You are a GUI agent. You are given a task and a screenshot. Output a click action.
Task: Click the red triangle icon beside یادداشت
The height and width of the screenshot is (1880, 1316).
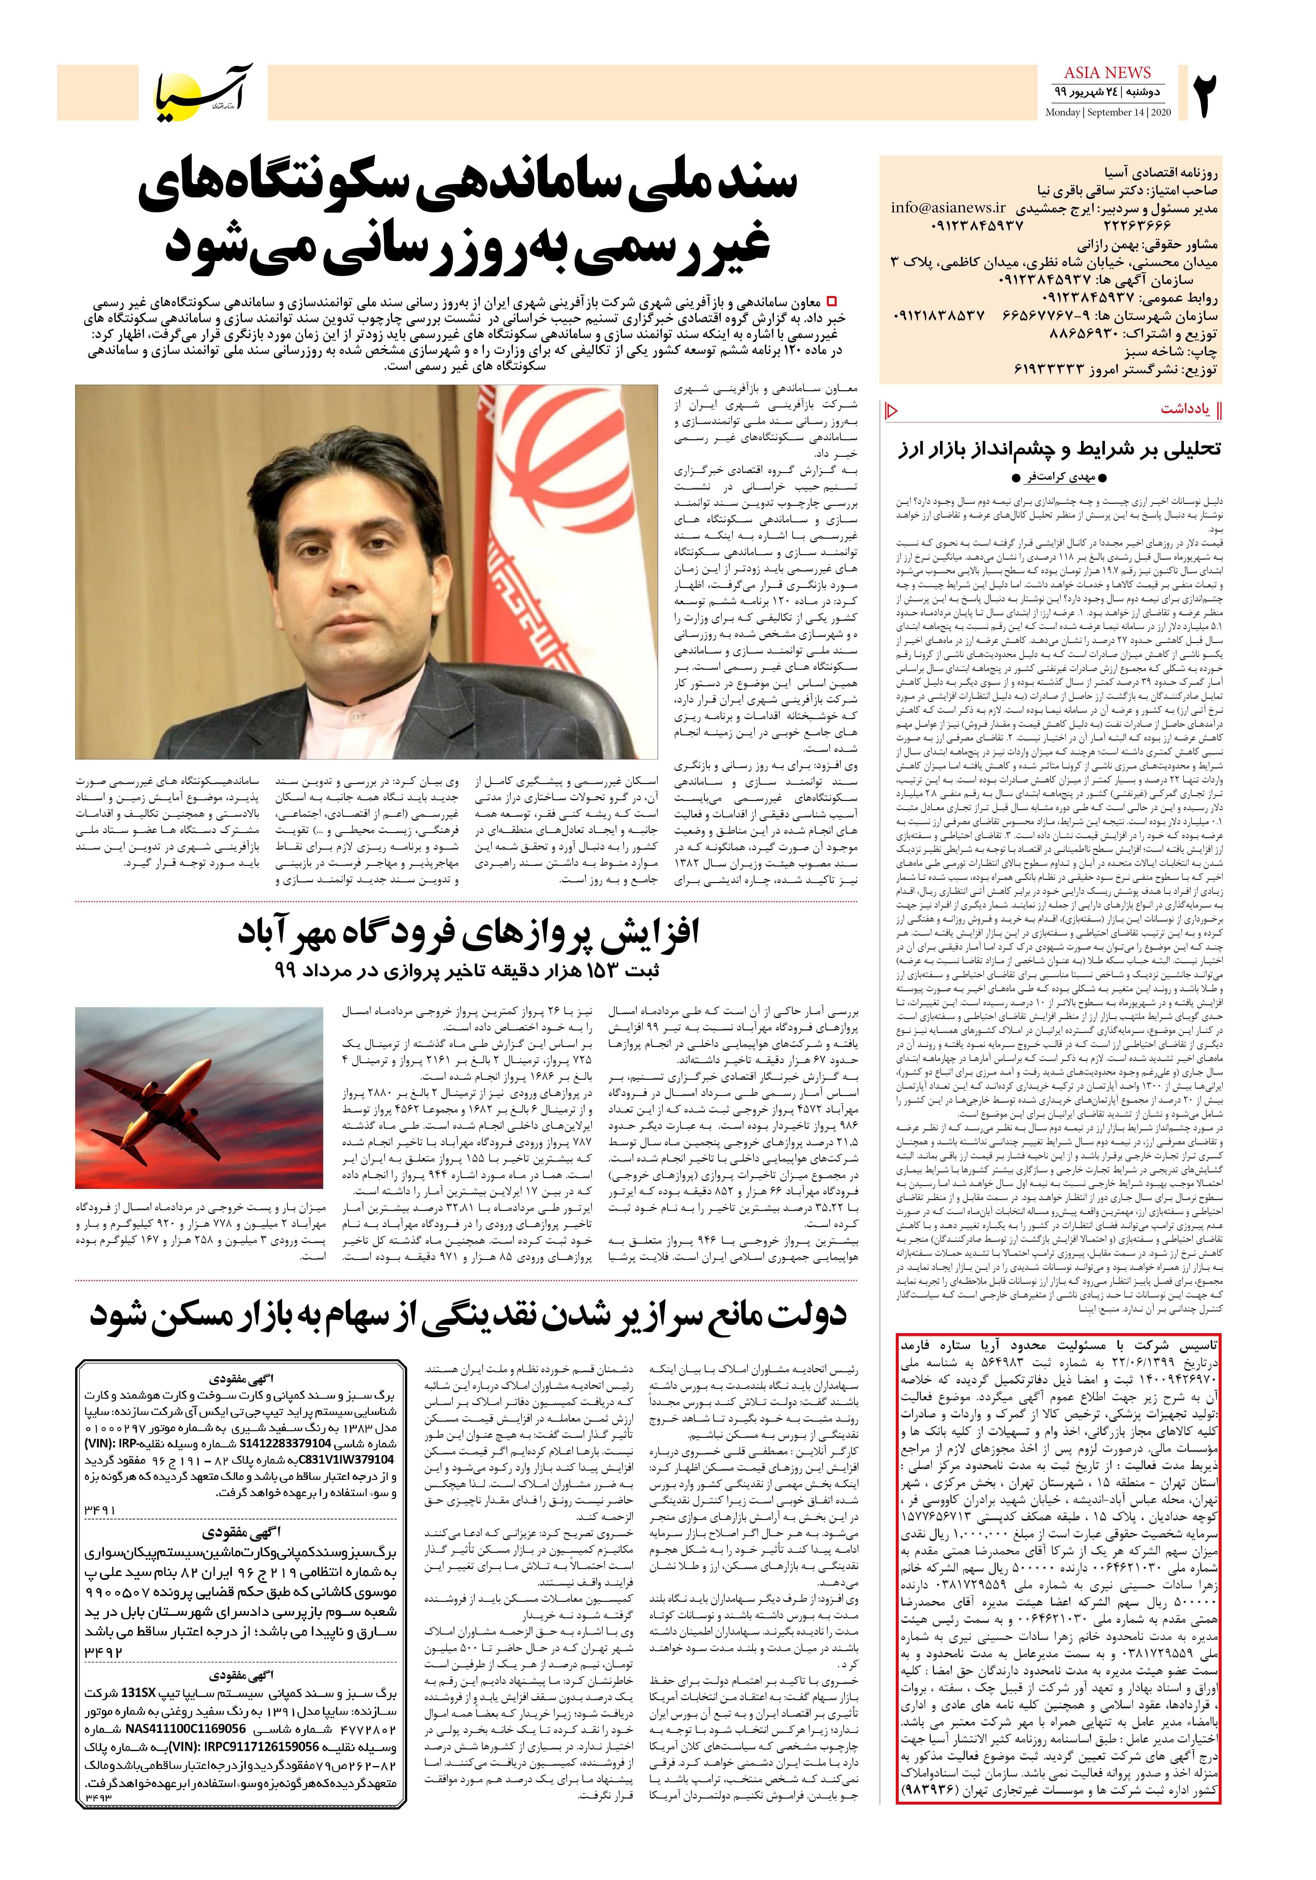pos(892,409)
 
